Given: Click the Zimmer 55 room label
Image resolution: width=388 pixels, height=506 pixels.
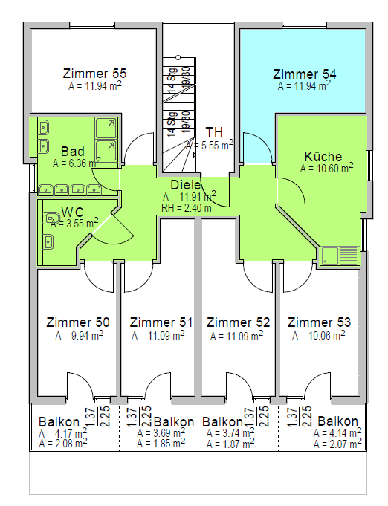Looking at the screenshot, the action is tap(94, 74).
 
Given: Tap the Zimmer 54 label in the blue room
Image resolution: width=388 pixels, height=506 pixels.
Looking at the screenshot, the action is tap(305, 74).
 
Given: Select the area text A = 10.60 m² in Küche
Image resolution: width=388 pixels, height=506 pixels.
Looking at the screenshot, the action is tap(326, 168).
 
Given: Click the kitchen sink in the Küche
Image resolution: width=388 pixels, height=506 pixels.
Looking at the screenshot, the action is tap(340, 256).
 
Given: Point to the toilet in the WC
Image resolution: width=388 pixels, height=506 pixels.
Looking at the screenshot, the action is tap(51, 218).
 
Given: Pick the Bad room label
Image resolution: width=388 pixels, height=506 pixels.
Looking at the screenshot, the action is tap(73, 152).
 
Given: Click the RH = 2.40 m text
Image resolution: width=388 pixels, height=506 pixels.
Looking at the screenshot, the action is tap(187, 208).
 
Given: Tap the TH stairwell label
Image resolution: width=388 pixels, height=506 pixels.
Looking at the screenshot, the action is tap(214, 132).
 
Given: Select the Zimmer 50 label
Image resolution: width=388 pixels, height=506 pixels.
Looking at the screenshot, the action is tap(78, 322).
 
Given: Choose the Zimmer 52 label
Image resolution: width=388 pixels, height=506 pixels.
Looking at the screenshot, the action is tap(238, 322).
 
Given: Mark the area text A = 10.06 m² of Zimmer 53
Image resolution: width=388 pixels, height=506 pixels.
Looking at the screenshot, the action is tap(318, 336).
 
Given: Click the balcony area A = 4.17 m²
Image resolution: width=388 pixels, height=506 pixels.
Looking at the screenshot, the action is tap(63, 433).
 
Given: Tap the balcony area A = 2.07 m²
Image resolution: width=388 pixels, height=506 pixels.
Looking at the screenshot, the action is tap(337, 444).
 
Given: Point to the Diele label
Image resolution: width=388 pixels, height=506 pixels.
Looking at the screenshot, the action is tap(186, 185).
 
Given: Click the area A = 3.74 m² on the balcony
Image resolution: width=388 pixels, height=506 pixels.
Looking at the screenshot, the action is tap(230, 432).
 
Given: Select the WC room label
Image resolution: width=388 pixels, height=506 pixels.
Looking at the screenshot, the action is tap(72, 212).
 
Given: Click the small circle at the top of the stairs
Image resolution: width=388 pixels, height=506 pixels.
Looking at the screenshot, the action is tap(178, 57).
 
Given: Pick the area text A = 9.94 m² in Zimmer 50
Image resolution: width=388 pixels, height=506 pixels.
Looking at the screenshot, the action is tap(79, 336).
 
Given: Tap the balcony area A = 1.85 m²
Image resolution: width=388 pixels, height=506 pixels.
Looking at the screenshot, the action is tap(161, 444).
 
